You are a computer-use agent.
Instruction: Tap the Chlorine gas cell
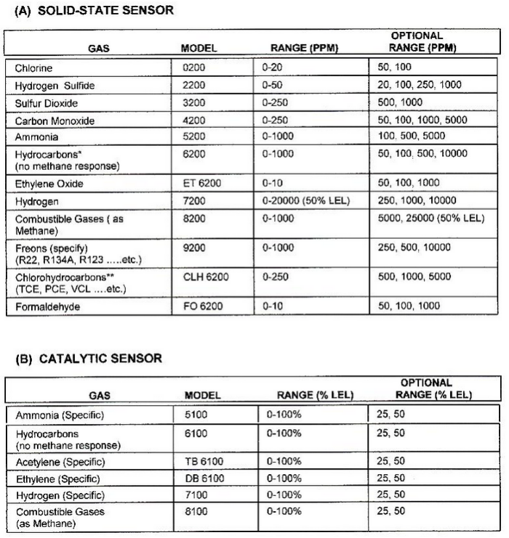33,68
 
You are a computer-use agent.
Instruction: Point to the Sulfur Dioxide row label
46,102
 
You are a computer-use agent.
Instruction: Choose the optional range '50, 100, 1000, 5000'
422,120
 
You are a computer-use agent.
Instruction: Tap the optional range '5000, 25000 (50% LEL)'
431,218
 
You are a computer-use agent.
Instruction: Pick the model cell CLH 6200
204,277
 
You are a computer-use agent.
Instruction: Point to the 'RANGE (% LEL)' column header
314,396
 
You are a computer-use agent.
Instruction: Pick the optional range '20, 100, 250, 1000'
420,85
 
